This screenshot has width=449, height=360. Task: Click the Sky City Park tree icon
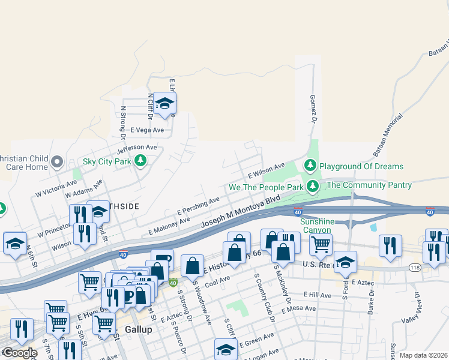[x=140, y=161]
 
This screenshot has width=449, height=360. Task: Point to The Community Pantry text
[x=369, y=185]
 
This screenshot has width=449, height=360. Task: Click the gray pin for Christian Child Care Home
[x=57, y=161]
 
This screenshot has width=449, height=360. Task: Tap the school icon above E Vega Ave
[x=164, y=104]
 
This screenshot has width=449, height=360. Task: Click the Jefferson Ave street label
[x=137, y=147]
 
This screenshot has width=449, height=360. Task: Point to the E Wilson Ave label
[x=267, y=171]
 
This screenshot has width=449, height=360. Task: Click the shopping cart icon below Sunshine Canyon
[x=321, y=245]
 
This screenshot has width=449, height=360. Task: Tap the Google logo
[x=19, y=353]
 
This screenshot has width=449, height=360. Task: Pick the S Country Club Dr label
[x=261, y=296]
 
